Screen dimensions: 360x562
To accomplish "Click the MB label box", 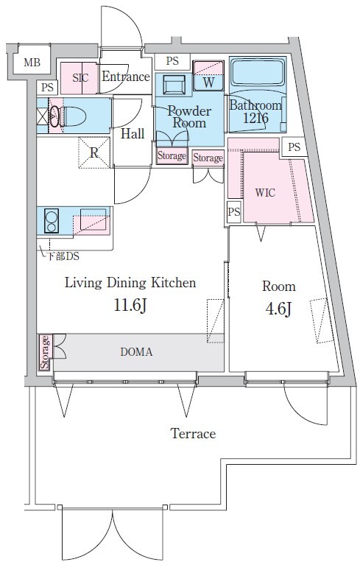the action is click(32, 63).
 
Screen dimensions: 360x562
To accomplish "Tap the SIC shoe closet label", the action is click(80, 78).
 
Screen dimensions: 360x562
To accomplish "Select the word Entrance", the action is click(126, 77).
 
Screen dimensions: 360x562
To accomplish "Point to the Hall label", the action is click(133, 134).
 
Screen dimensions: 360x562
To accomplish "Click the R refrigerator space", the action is click(93, 152).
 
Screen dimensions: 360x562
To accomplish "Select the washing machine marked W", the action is click(208, 76).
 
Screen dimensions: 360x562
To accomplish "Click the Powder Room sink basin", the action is click(174, 85).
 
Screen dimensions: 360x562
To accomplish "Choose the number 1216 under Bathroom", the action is click(255, 118).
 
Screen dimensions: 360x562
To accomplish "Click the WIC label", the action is click(265, 193).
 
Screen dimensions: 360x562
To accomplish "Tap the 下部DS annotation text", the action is click(63, 256).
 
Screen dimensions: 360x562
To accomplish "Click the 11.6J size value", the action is click(130, 306).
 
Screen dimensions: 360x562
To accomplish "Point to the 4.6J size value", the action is click(278, 309).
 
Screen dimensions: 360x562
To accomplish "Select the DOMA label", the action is click(136, 352).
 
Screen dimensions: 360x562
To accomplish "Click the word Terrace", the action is click(193, 433).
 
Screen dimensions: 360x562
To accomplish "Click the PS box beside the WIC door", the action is click(234, 212).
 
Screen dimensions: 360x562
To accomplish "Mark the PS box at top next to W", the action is click(172, 61).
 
